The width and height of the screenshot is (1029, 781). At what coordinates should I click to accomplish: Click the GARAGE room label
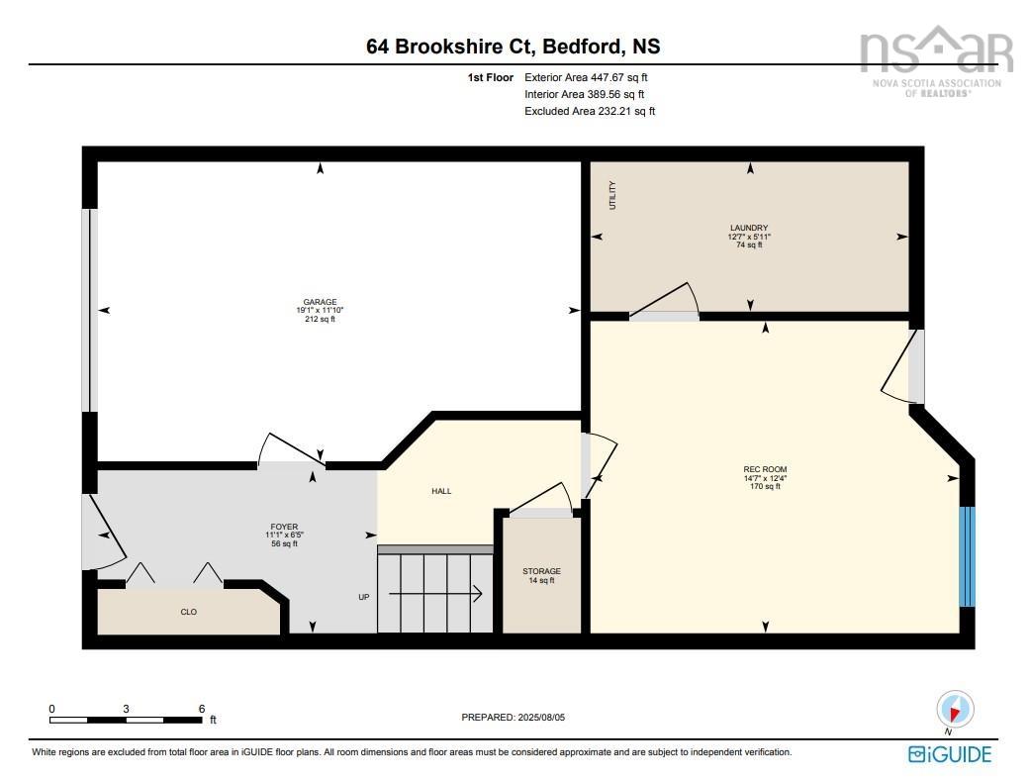click(x=320, y=302)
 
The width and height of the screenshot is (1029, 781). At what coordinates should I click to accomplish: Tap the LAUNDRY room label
click(x=748, y=228)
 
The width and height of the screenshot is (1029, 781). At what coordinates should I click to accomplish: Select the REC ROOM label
click(x=765, y=469)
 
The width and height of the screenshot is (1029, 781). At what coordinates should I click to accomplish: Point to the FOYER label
click(x=284, y=527)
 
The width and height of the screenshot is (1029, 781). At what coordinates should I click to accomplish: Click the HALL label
click(x=441, y=491)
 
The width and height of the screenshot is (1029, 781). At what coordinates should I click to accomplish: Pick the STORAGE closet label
click(x=541, y=571)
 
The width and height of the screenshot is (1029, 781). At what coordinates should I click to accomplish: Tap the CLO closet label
click(x=188, y=612)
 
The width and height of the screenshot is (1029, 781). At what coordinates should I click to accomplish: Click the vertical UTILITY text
click(x=613, y=195)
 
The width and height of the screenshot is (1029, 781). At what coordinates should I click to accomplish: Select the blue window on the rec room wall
click(x=967, y=556)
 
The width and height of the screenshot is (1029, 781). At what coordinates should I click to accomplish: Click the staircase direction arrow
click(x=434, y=594)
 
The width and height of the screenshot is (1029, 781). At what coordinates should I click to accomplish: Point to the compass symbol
click(x=955, y=709)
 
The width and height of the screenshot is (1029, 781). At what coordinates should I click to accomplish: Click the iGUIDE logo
click(x=949, y=754)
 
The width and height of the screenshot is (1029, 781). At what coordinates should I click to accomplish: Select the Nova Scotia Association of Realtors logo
click(x=935, y=59)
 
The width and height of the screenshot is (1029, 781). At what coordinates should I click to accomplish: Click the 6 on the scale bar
click(x=201, y=708)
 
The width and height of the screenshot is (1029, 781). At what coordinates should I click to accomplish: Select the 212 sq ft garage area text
click(x=320, y=319)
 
